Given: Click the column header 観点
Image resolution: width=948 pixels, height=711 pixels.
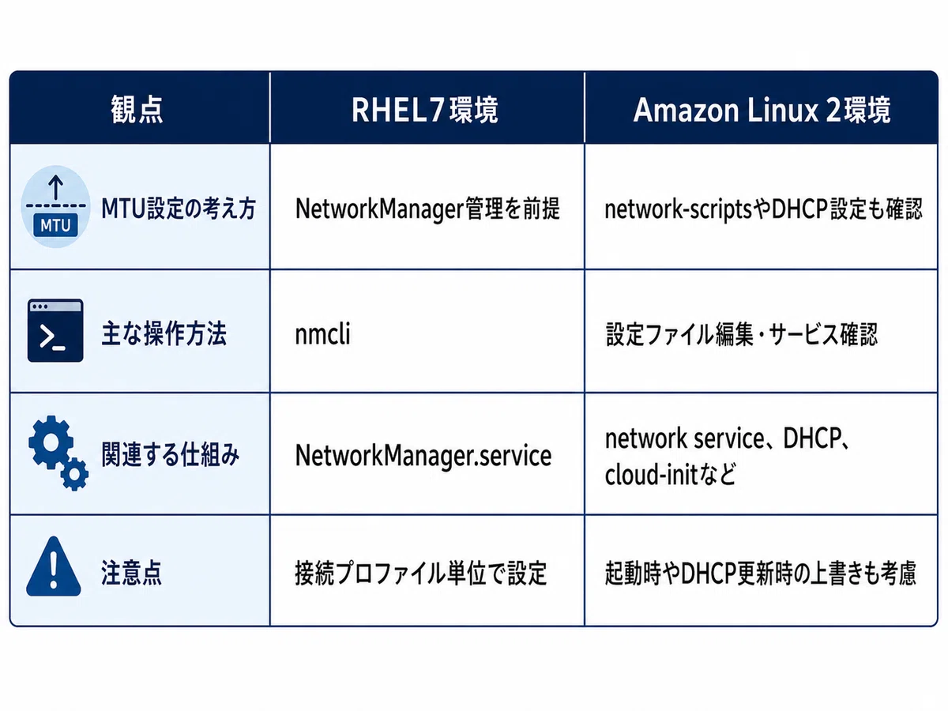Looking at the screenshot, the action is pos(137,110).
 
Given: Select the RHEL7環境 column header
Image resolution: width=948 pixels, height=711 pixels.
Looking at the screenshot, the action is pos(425,110).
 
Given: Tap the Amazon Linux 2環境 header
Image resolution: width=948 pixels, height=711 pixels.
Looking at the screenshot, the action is pos(762,110).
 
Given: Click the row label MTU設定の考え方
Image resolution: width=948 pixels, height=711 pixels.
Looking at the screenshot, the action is pos(179,208).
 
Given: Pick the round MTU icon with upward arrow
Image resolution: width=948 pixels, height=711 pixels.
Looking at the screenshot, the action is pos(56,206).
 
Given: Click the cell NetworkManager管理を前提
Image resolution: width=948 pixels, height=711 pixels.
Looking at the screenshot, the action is pos(427,209).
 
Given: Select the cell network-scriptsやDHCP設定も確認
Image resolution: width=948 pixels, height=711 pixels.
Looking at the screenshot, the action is pos(764,209).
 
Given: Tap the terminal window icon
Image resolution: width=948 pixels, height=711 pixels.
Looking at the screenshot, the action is pos(55,330).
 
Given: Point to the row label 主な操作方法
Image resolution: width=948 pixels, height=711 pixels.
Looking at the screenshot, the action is pos(164,333).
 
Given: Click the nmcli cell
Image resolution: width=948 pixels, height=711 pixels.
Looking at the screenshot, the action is pos(322,333).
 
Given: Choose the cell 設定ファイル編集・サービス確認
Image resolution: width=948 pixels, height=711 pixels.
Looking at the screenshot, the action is pos(742,334).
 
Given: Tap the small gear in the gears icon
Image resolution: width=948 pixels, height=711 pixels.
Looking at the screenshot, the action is pos(74,474).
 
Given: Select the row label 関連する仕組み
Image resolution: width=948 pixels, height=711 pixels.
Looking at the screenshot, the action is pos(170,454).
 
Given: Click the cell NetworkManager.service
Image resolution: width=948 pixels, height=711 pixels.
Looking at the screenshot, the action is pos(423,456).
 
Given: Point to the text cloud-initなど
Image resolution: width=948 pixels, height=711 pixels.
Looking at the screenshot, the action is pos(670,475).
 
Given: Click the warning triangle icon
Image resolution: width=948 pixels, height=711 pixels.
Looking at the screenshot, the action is pos(54,566).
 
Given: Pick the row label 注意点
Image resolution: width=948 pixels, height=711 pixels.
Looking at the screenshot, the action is pos(131,573).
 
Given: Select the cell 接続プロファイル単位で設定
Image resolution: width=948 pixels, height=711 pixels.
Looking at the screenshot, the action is pos(421,574).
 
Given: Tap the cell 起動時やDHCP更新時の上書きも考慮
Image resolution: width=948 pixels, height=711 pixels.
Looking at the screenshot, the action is pos(760,574).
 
